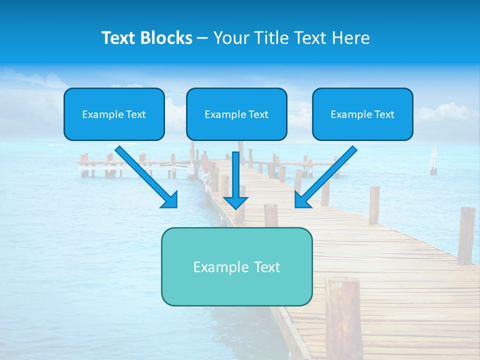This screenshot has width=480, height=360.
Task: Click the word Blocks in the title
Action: pos(166,38)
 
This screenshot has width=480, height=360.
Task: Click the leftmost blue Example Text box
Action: pos(114,114)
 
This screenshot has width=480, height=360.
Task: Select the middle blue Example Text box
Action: pos(236,114)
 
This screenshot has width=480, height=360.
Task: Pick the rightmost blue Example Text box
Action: pos(362,114)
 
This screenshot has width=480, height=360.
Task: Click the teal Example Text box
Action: pos(236,266)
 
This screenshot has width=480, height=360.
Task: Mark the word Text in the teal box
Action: pos(266,266)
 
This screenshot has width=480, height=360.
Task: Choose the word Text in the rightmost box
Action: pos(384,114)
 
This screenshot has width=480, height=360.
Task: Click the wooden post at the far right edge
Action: pos(466,235)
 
